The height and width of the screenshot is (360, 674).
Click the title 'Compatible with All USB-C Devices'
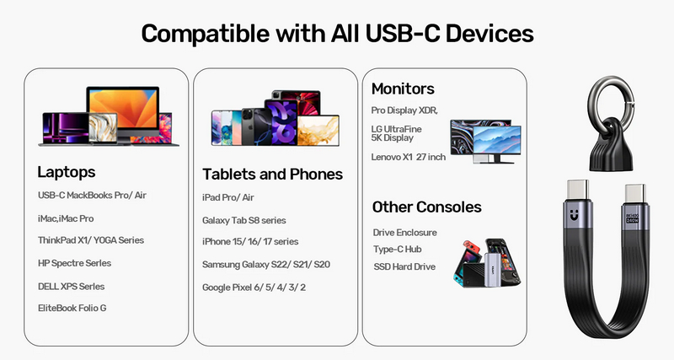[x=337, y=33]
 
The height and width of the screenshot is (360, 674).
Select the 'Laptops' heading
[x=67, y=172]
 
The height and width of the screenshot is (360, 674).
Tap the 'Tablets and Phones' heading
[x=272, y=175]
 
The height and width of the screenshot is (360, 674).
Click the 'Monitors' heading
[x=403, y=89]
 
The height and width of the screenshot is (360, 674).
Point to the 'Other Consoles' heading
[x=426, y=207]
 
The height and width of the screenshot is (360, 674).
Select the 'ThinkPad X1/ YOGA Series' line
[x=91, y=240]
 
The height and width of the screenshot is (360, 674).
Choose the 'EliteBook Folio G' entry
[x=72, y=308]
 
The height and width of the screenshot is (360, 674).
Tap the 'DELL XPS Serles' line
[x=71, y=286]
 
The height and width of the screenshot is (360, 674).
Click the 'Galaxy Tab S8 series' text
[x=244, y=220]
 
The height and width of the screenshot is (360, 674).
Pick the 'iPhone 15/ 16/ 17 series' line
[x=250, y=242]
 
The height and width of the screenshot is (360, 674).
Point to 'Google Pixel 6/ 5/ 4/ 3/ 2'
[x=254, y=287]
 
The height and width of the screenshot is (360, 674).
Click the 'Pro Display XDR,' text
[x=404, y=110]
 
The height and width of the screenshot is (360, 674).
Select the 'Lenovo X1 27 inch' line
[x=409, y=157]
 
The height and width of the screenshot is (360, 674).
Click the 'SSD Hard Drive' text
[x=404, y=266]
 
